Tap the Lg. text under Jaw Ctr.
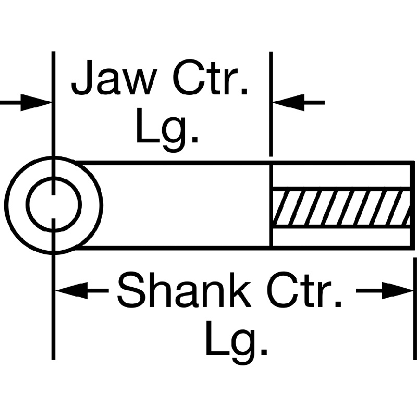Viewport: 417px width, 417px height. coord(167,130)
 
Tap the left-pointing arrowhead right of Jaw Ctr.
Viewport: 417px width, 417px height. coord(289,102)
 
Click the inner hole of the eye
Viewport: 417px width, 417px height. coord(54,204)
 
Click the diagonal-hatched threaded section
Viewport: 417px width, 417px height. coord(341,207)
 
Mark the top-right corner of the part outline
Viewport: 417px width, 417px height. coord(413,163)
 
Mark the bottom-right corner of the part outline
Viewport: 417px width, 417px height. coord(413,247)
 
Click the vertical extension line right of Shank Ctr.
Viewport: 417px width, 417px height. coord(414,313)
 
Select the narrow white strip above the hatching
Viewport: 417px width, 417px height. coord(341,176)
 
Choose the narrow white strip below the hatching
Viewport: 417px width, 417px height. coord(341,236)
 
